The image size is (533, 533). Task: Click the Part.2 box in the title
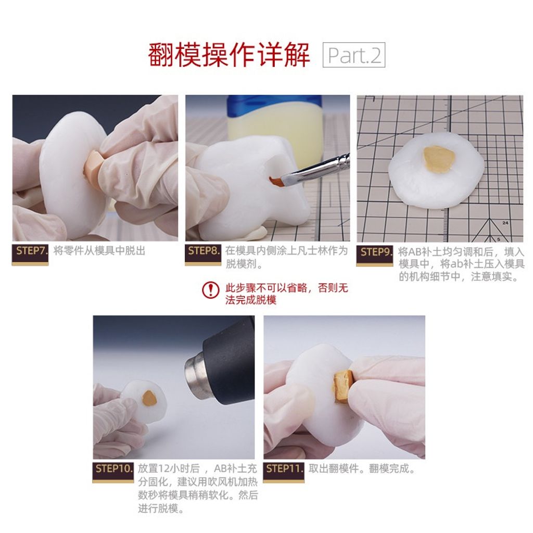click(x=353, y=55)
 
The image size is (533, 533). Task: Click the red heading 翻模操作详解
click(x=229, y=55)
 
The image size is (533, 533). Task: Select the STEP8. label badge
click(x=203, y=253)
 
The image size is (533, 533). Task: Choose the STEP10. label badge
click(x=113, y=472)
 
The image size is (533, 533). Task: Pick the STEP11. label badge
click(x=284, y=472)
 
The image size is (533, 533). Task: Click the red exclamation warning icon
click(x=211, y=290)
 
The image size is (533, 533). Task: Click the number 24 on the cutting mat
click(x=505, y=223)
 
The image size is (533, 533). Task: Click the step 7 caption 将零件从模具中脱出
click(x=99, y=251)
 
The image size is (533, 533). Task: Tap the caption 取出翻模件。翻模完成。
click(x=362, y=468)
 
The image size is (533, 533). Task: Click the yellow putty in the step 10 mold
click(x=149, y=398)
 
